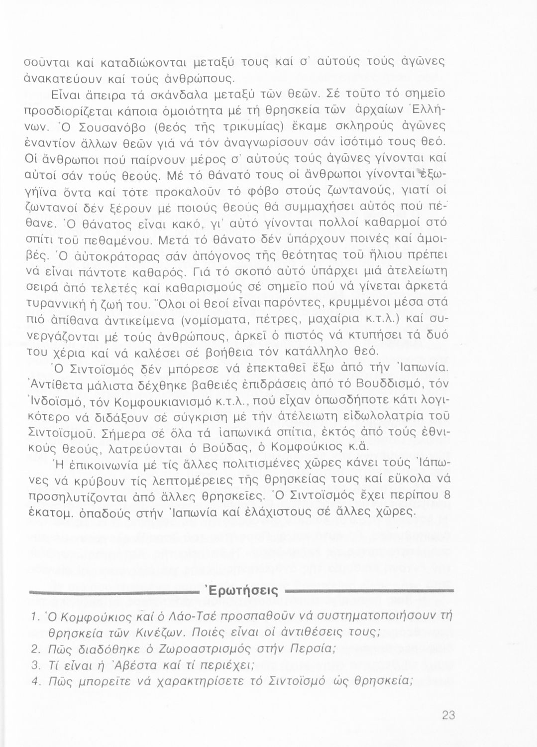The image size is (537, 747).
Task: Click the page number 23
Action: pos(448,716)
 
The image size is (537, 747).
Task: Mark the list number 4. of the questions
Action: pos(35,682)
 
